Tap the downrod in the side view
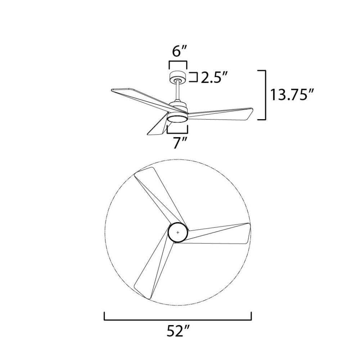coord(178,91)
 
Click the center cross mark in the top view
coord(178,233)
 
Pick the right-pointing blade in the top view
coord(218,234)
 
